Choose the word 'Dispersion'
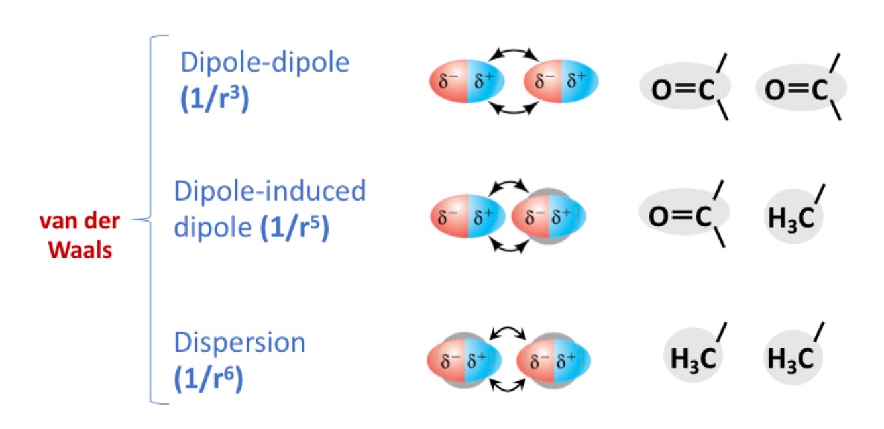(x=239, y=344)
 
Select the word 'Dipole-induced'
(x=270, y=191)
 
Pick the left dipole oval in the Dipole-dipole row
(x=467, y=82)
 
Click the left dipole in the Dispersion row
(x=465, y=360)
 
